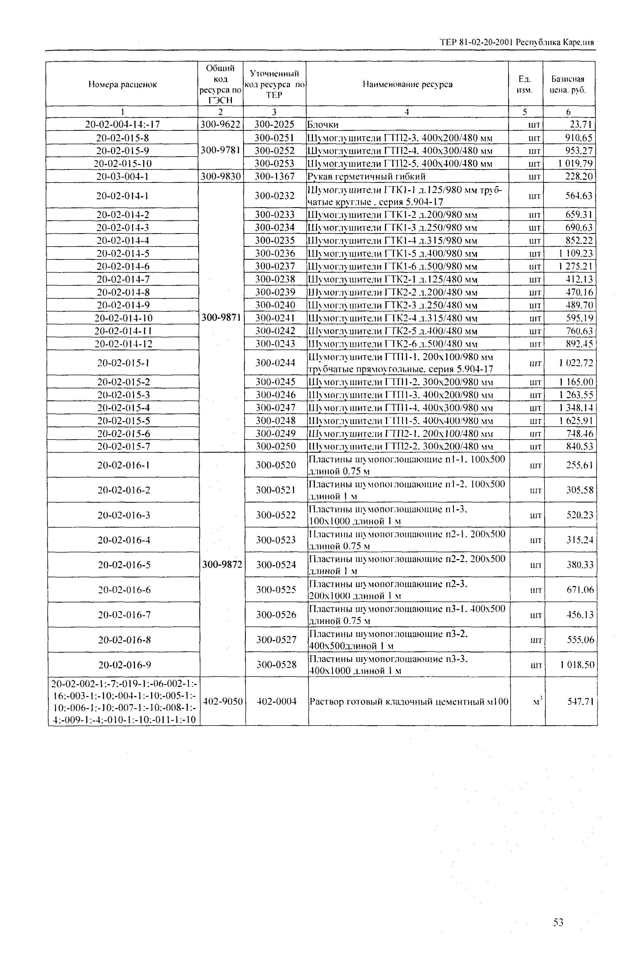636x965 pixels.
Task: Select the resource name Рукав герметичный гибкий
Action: click(367, 176)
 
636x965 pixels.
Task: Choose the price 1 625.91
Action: click(575, 420)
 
